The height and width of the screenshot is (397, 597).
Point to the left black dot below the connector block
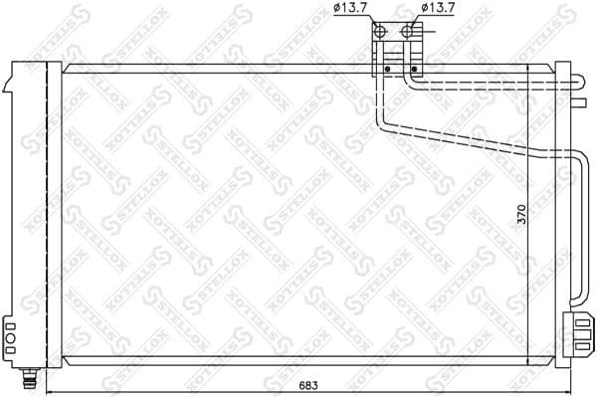click(x=386, y=69)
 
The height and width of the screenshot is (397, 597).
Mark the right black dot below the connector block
click(x=413, y=69)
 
